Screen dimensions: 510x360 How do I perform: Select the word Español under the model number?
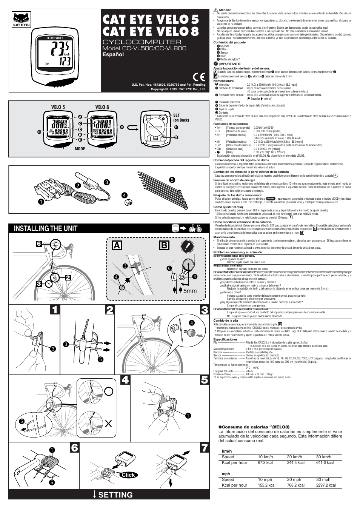(x=113, y=55)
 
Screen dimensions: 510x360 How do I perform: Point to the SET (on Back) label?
(x=181, y=117)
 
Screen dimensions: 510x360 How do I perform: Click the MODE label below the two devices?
(x=80, y=149)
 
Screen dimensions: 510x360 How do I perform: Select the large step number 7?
(x=204, y=448)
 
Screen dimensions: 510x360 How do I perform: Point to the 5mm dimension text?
(x=190, y=291)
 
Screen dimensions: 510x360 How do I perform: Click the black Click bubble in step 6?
(x=128, y=475)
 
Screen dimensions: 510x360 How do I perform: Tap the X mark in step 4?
(x=109, y=424)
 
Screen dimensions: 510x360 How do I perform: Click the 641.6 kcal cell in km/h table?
(x=325, y=462)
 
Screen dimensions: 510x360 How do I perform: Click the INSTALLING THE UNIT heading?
(x=46, y=228)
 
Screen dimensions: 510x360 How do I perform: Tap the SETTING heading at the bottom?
(x=115, y=495)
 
